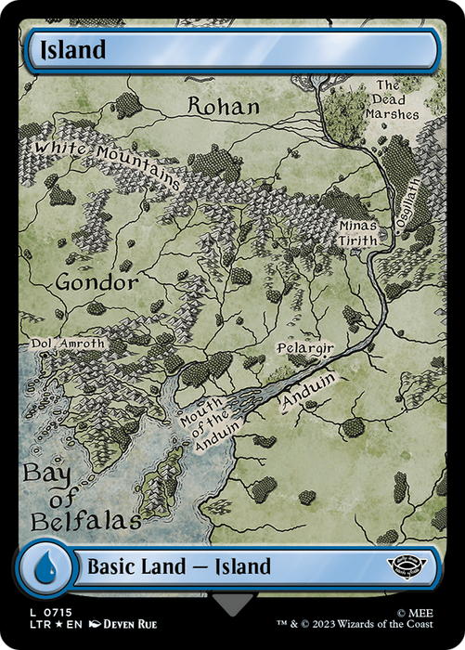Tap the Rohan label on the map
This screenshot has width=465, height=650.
click(224, 106)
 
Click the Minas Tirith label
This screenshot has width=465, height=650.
click(358, 232)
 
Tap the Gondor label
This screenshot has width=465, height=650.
click(97, 281)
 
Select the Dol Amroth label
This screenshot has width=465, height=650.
click(69, 344)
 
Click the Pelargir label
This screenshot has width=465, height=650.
click(304, 348)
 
